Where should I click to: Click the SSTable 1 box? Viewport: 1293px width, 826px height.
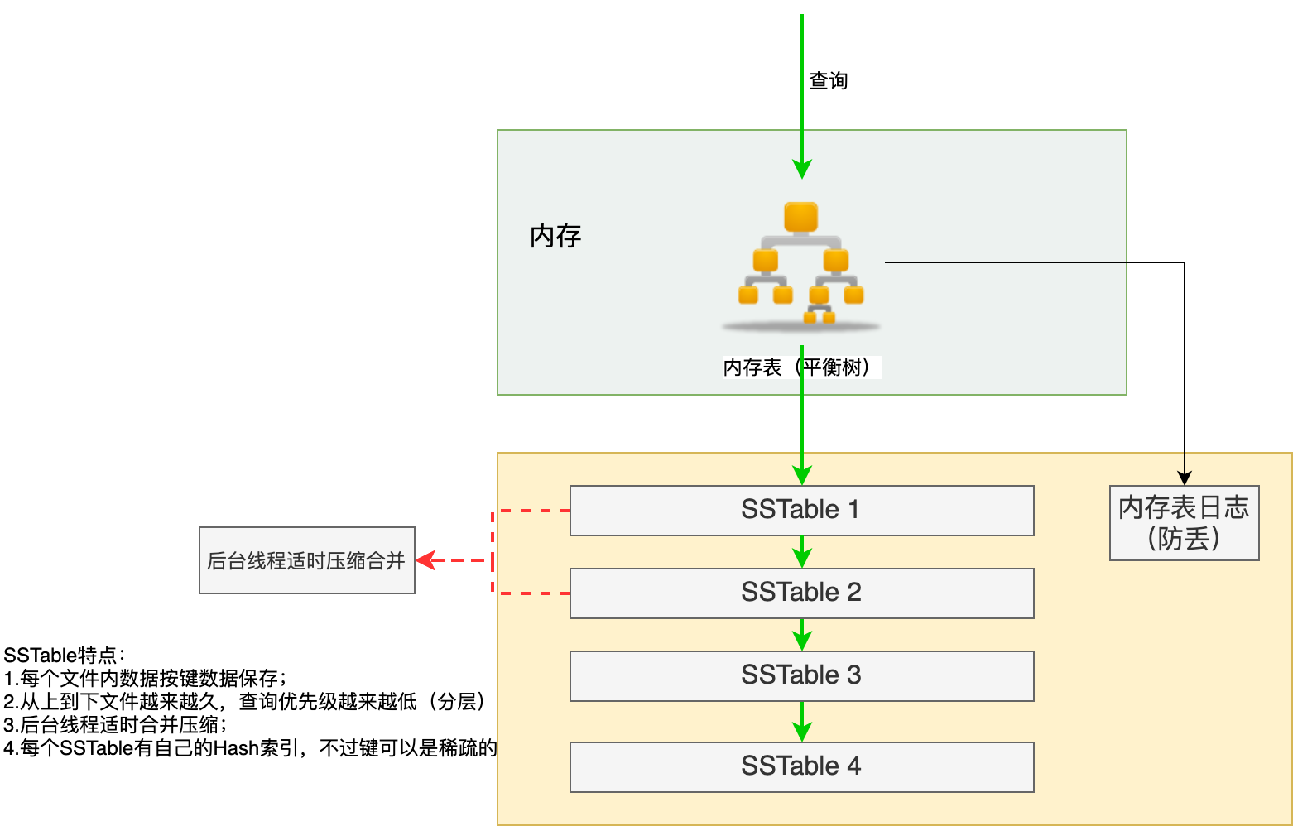(801, 510)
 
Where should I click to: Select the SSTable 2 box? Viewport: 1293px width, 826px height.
(801, 593)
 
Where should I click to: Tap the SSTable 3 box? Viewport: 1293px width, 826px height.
(801, 675)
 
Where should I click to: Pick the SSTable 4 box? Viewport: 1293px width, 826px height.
(801, 766)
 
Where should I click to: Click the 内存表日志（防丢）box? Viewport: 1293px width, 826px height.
(1184, 522)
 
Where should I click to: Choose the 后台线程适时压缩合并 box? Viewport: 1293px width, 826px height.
(306, 560)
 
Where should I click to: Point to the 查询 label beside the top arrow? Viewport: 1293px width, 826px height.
(828, 80)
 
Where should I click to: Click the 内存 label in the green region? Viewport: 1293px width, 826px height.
(555, 236)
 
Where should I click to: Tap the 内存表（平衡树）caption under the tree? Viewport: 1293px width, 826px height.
(801, 367)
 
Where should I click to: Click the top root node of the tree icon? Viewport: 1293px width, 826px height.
(800, 217)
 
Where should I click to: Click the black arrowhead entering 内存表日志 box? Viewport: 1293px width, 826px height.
(1185, 478)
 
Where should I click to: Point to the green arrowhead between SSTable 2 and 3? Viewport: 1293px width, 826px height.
(801, 641)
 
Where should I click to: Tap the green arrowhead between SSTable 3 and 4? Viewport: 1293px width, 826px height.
(801, 732)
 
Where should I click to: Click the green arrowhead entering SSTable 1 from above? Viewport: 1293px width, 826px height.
(801, 475)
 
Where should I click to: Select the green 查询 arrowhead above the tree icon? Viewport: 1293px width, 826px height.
(801, 169)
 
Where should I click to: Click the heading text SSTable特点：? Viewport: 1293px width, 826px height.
(65, 656)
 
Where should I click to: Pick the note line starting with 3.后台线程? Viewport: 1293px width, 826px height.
(115, 725)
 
